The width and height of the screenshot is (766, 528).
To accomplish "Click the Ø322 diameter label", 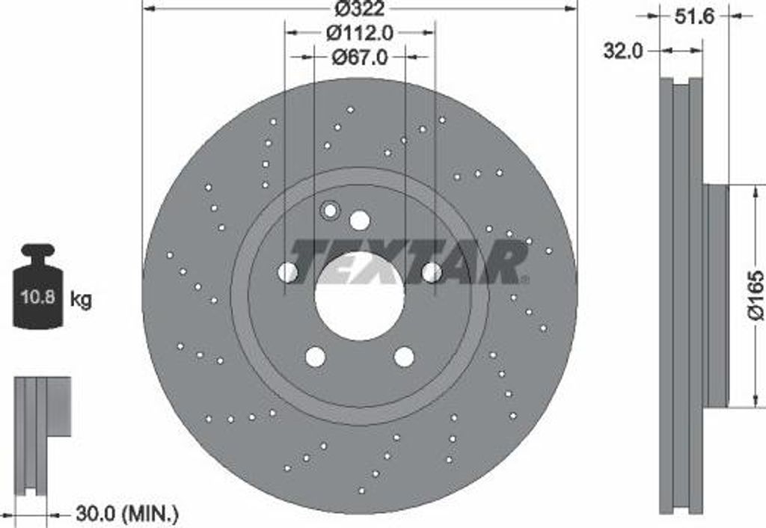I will click(x=360, y=9).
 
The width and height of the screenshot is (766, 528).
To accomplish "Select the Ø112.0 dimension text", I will click(x=360, y=33).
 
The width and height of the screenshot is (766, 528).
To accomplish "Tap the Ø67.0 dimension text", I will click(x=360, y=57).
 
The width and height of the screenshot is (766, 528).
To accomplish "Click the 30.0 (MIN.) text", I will click(x=126, y=514).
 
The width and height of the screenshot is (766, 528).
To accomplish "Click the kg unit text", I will click(x=81, y=301).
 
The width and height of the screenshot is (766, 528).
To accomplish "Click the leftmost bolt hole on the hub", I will click(x=288, y=272).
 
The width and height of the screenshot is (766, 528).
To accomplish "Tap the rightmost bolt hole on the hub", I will click(x=432, y=272).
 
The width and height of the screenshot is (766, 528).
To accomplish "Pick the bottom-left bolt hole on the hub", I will click(x=316, y=357).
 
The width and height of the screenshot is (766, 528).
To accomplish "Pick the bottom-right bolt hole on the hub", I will click(x=404, y=357).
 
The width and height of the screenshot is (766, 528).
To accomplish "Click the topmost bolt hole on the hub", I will click(x=360, y=221).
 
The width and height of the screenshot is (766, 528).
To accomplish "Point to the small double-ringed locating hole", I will click(x=330, y=212).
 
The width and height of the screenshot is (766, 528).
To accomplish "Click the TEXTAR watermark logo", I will click(x=408, y=262).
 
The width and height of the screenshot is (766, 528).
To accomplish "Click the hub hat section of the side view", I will click(x=716, y=295).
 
